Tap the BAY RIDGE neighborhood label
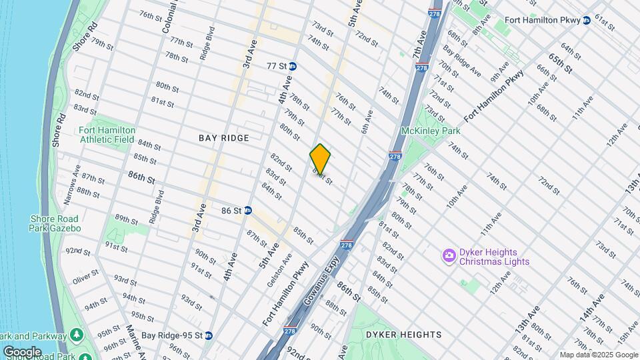coord(224,138)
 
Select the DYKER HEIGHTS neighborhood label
coord(404,334)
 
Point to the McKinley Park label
coord(431,131)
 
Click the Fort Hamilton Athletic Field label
coord(107,135)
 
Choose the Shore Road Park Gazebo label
coord(55,223)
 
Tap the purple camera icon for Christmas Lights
coord(449,255)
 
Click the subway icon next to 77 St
coord(293,66)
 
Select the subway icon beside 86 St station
coord(247,210)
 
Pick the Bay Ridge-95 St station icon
coord(209,335)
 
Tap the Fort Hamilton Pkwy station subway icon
coord(586,21)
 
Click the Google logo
coord(22,351)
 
